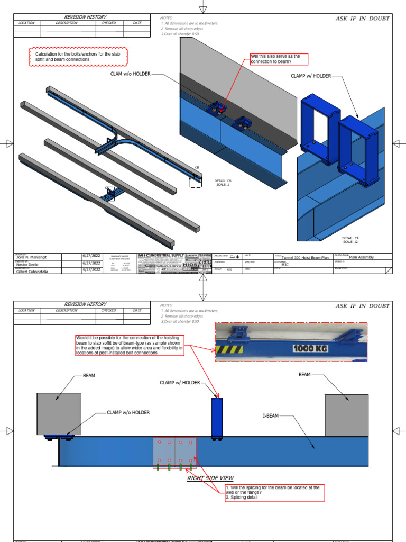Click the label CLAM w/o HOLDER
click(130, 75)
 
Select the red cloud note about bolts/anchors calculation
click(78, 57)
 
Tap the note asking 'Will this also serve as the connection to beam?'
click(278, 59)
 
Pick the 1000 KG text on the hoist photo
click(309, 349)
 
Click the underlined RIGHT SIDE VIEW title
click(210, 478)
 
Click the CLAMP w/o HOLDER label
click(128, 412)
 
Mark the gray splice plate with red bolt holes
click(174, 453)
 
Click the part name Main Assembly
click(362, 257)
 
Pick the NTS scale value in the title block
click(229, 269)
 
